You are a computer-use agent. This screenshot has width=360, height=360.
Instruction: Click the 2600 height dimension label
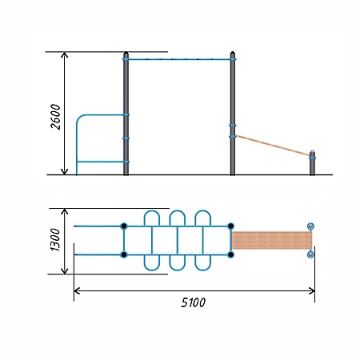click(x=56, y=117)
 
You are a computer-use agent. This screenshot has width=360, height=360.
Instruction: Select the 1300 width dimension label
click(x=55, y=239)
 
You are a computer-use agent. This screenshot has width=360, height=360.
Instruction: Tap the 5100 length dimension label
click(x=194, y=302)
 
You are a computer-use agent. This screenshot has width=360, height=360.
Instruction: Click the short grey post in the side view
click(x=312, y=162)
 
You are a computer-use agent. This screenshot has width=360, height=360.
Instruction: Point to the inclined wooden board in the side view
click(x=273, y=146)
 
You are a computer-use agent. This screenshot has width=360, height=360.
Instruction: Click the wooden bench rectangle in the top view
click(x=272, y=240)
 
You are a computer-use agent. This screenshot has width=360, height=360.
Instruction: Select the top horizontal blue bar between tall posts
click(x=179, y=59)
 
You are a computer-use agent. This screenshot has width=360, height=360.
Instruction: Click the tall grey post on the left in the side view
click(x=126, y=114)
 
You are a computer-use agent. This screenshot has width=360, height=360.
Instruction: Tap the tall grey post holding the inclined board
click(x=233, y=114)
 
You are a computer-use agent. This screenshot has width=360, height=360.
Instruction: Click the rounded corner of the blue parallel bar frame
click(x=79, y=118)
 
